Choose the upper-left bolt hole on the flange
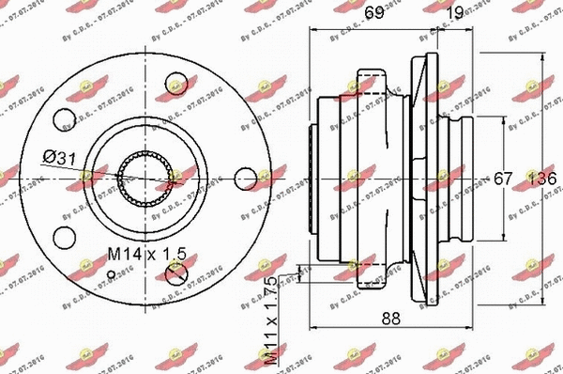65,119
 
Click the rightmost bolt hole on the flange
245,177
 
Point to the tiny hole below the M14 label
114,274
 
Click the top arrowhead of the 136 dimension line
544,55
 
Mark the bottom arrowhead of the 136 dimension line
544,300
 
